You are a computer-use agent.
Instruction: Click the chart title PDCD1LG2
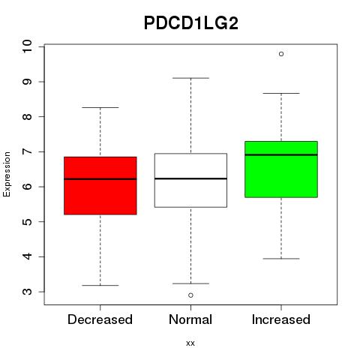pos(191,23)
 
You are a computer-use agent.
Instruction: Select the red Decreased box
pos(100,186)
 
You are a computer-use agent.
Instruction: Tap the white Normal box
pos(190,180)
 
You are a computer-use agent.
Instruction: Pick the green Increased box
pos(281,169)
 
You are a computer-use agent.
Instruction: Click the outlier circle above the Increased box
pos(281,54)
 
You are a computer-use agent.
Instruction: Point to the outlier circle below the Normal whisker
pos(190,295)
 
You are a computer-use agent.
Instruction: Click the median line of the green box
pos(281,154)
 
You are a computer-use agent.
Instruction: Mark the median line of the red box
pos(100,179)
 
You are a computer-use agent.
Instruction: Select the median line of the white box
pos(190,178)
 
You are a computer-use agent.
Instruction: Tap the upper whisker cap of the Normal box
pos(190,78)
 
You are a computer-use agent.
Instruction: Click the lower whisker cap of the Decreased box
pos(100,285)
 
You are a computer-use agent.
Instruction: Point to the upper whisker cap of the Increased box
pos(281,93)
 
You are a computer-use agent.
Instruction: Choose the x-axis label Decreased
pos(100,319)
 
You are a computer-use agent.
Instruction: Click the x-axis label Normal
pos(190,319)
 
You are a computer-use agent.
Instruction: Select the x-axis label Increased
pos(281,319)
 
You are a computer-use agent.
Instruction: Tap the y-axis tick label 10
pos(27,46)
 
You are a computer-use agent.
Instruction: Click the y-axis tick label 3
pos(27,292)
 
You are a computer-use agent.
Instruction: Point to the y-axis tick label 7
pos(27,151)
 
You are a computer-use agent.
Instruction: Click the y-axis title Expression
pos(7,174)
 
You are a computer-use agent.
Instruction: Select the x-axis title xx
pos(190,343)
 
